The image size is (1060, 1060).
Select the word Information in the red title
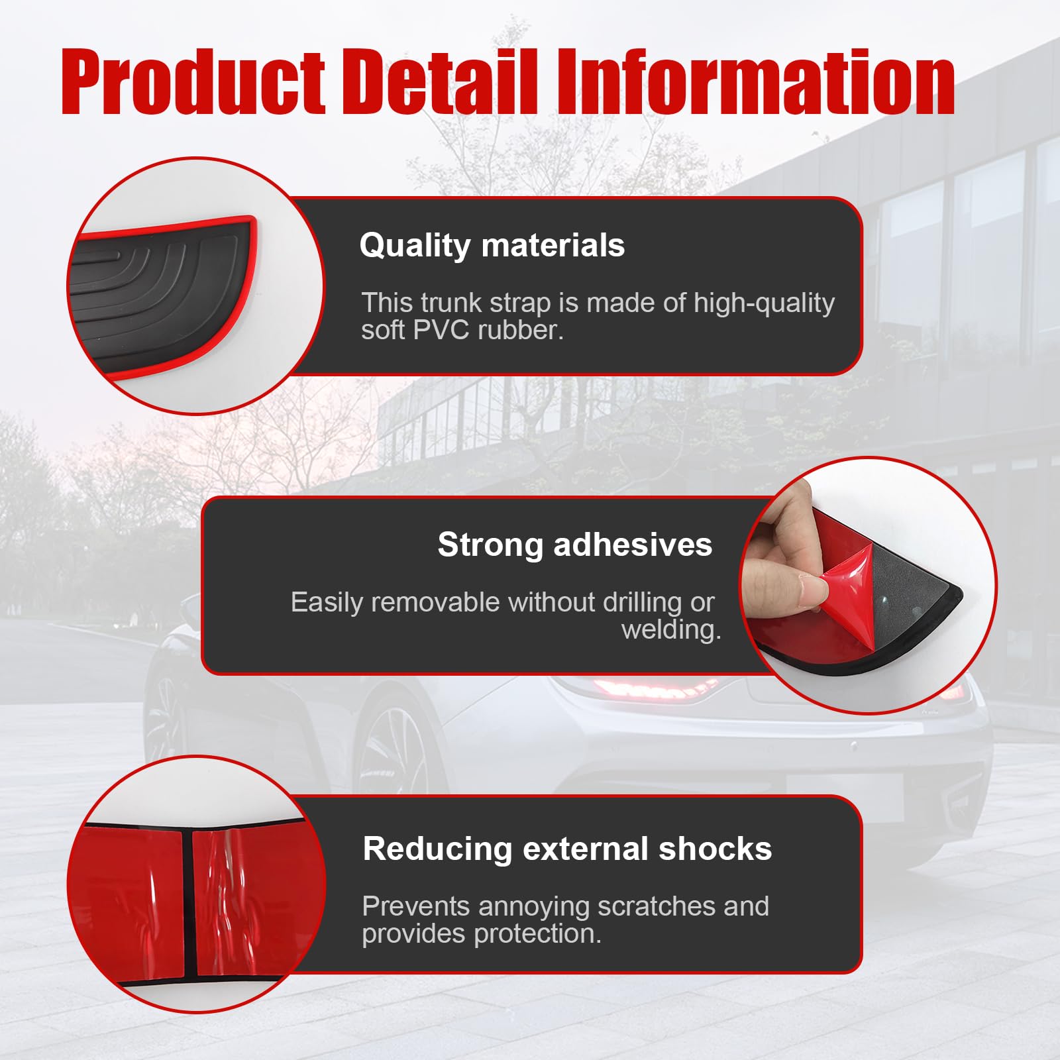pyautogui.click(x=755, y=82)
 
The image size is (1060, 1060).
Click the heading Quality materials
pyautogui.click(x=492, y=245)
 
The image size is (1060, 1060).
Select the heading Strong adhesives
pyautogui.click(x=574, y=545)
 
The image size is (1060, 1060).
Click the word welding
pyautogui.click(x=670, y=629)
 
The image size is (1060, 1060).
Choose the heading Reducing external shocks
pyautogui.click(x=567, y=849)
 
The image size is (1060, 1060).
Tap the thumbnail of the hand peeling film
pyautogui.click(x=868, y=586)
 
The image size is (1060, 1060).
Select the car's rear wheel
pyautogui.click(x=384, y=749)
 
